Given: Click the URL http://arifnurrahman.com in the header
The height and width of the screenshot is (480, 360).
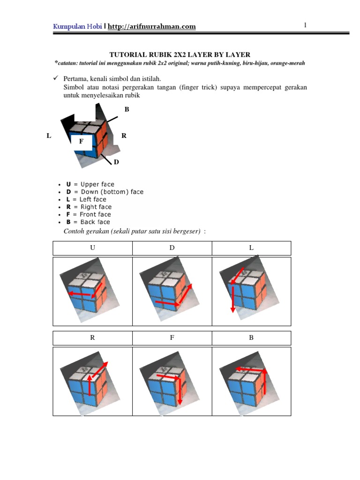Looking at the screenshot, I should point(151,27).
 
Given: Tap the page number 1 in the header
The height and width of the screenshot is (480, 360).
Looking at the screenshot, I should point(305,25).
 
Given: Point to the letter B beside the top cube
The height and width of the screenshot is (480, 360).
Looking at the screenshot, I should point(126,109).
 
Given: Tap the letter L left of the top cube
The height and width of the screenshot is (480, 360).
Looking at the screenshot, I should point(49,135).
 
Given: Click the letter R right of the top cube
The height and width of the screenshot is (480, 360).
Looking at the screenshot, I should point(124,135).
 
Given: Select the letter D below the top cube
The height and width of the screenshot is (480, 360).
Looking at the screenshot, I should point(116,162).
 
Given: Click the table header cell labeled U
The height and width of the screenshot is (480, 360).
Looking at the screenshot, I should point(92,248).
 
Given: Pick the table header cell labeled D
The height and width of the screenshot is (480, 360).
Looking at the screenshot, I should point(172,248).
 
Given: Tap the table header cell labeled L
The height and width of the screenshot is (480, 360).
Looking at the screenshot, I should point(251,248).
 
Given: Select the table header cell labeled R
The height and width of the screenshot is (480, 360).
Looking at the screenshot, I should point(92,338).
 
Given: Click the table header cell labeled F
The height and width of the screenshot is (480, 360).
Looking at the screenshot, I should point(172,338).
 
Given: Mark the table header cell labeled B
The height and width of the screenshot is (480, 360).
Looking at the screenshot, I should point(251,338).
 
